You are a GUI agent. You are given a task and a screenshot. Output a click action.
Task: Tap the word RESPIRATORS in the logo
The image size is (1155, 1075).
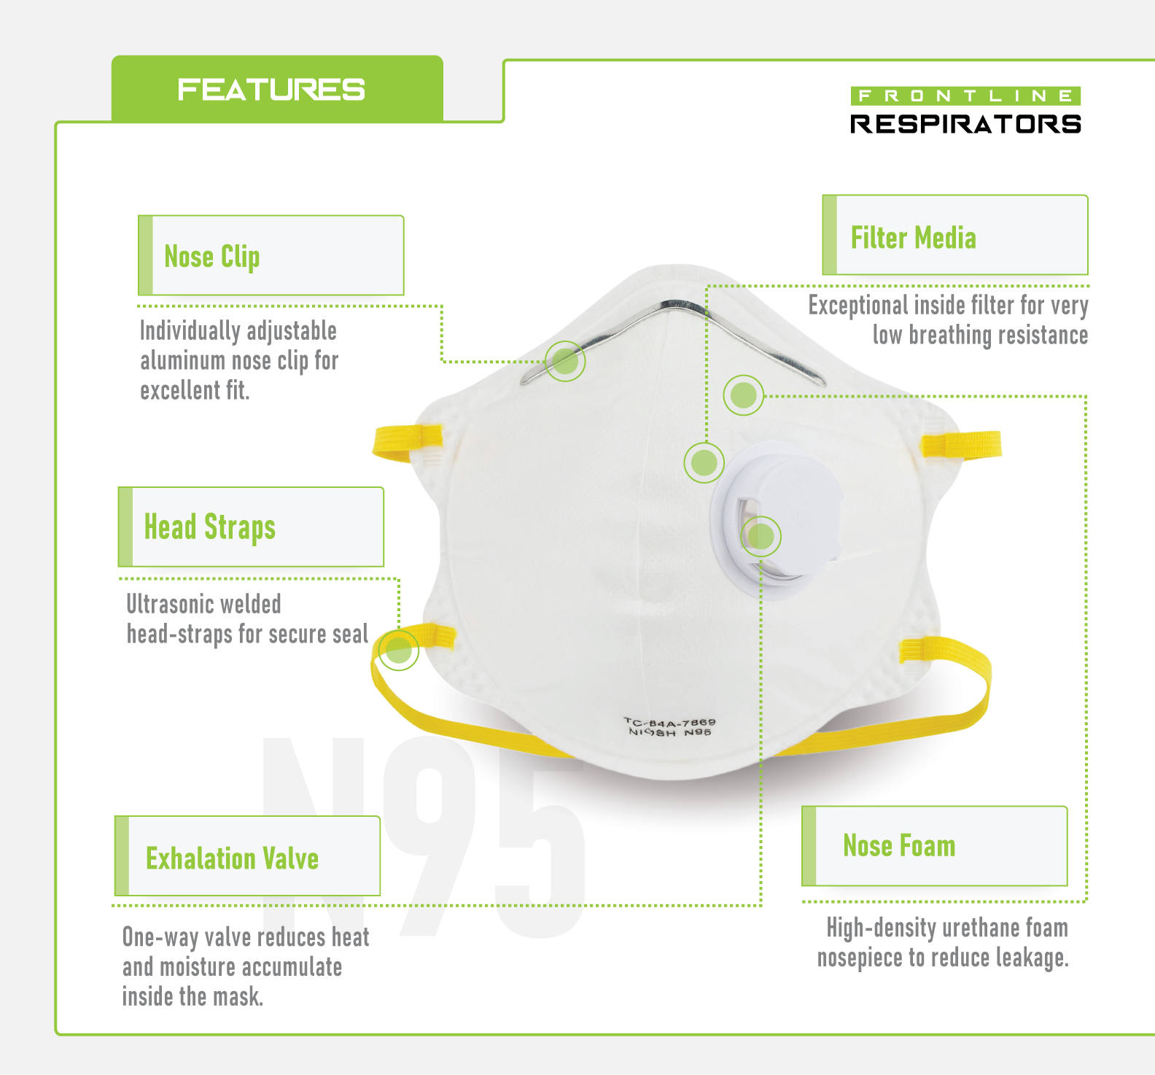tap(965, 124)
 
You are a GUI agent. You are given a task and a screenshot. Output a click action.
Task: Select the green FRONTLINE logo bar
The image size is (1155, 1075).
tap(965, 96)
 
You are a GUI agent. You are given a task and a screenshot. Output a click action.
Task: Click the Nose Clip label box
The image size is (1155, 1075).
tap(271, 255)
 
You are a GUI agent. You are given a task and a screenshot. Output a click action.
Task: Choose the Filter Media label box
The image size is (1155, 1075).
tap(955, 236)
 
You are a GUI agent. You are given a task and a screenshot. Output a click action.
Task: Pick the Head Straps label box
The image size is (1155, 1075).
tap(251, 527)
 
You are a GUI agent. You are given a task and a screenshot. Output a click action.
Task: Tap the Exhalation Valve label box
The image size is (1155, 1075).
tap(248, 856)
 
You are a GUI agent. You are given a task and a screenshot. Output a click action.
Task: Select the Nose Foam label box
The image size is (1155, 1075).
tap(935, 846)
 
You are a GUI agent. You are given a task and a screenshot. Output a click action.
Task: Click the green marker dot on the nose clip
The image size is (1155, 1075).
tap(565, 360)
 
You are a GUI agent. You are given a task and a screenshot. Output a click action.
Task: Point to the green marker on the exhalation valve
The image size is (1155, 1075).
tap(761, 537)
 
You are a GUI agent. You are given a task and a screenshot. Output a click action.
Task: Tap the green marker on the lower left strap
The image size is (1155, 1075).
tap(398, 649)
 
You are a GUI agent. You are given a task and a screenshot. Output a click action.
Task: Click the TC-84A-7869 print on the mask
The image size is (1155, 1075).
tap(669, 722)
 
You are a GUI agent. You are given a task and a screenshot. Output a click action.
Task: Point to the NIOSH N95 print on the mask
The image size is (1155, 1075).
tap(669, 732)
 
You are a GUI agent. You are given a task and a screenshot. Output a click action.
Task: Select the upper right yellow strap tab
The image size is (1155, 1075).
tap(961, 444)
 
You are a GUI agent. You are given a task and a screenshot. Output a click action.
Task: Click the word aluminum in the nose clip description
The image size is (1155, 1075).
tap(182, 361)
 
